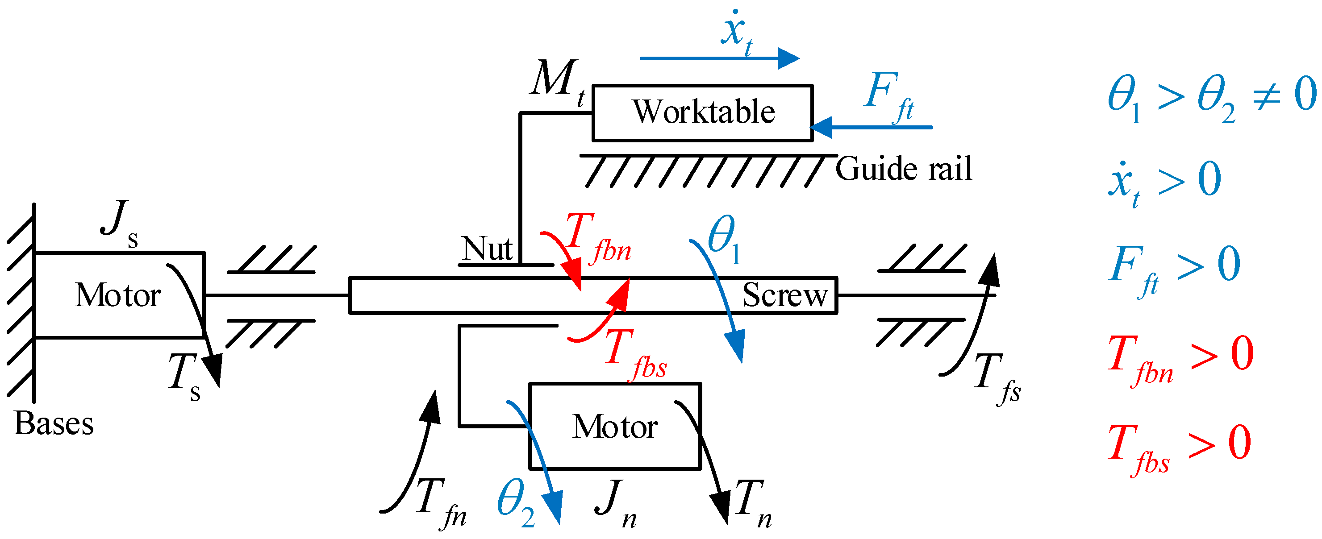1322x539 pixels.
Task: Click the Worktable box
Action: click(702, 112)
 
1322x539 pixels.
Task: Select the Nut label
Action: click(486, 249)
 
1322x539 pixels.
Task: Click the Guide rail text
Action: click(903, 169)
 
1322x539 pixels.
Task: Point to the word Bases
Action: click(54, 423)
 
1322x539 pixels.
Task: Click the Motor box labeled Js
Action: click(119, 295)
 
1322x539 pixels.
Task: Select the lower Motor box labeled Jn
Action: click(614, 427)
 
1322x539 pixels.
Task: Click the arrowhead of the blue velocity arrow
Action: click(789, 58)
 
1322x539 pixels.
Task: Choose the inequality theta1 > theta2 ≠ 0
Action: click(1211, 99)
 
